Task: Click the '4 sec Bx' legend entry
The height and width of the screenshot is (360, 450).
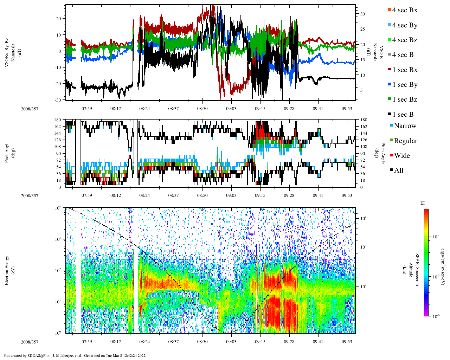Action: [x=404, y=10]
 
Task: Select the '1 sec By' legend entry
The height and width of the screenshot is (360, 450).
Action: [x=404, y=85]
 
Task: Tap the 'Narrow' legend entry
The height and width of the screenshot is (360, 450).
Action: [x=405, y=126]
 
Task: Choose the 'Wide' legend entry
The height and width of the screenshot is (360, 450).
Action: [x=401, y=156]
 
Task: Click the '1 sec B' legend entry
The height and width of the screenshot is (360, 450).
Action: [x=403, y=115]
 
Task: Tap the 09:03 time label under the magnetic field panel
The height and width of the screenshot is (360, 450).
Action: [x=231, y=109]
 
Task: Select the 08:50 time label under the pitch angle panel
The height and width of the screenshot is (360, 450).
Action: [x=202, y=195]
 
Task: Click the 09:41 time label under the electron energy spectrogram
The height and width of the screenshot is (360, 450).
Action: [x=318, y=342]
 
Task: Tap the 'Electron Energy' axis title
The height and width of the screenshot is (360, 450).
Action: [x=7, y=270]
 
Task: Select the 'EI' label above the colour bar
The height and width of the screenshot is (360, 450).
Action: [x=423, y=203]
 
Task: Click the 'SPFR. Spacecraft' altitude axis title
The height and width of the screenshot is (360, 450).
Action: [x=418, y=270]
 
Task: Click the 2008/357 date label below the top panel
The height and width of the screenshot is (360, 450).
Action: [x=30, y=109]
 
